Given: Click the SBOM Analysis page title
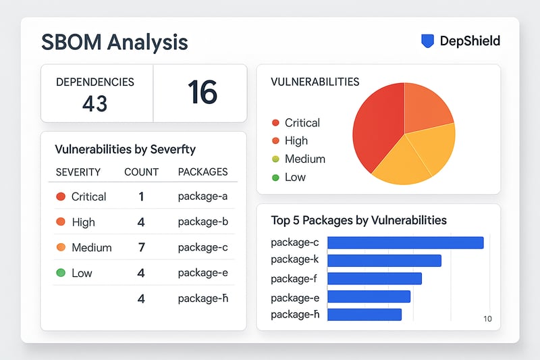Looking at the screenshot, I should click(114, 42).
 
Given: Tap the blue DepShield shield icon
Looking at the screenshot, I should click(427, 41).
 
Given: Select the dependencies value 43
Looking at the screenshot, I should click(94, 104).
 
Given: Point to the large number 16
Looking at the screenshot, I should click(202, 93).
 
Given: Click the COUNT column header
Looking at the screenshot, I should click(141, 172).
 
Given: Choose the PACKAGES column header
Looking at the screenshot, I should click(202, 172).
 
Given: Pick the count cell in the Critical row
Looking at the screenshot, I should click(141, 197).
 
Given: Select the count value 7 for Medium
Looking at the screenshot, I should click(141, 247).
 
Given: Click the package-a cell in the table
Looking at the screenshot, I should click(202, 197).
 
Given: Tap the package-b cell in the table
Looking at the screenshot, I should click(202, 222).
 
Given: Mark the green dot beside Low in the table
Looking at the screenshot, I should click(61, 273).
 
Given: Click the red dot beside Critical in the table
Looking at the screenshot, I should click(61, 197).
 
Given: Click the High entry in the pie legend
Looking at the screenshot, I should click(296, 140).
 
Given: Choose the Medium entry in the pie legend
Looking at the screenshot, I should click(304, 159).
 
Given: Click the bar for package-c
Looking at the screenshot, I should click(405, 242).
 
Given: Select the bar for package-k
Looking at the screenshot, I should click(384, 261).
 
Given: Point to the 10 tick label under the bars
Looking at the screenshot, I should click(487, 319).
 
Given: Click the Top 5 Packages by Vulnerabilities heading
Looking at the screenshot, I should click(358, 220).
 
